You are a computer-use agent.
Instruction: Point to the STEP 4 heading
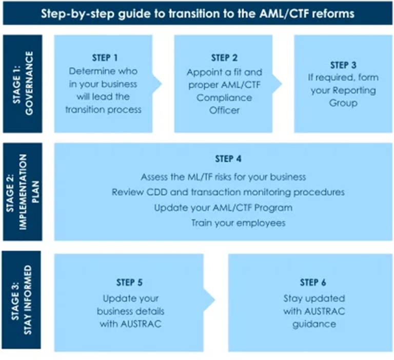[x=223, y=159]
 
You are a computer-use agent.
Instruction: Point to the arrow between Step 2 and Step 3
[x=278, y=83]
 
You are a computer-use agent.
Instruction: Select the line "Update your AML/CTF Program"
[x=223, y=208]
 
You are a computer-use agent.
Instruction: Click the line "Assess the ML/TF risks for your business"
[x=223, y=177]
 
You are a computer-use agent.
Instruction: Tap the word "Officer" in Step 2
[x=225, y=110]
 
